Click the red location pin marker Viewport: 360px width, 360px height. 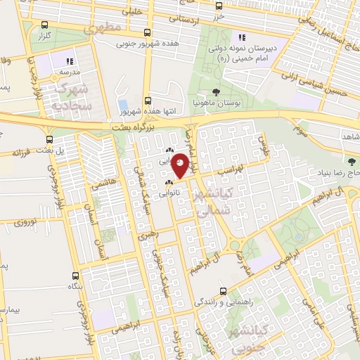coord(181,165)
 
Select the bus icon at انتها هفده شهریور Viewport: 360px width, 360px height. coord(147,101)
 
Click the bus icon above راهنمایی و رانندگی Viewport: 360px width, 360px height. coord(223,291)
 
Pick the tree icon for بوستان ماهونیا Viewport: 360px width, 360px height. coord(216,92)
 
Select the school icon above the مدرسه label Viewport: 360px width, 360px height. coord(69,61)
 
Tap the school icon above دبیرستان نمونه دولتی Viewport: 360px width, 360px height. coord(243,37)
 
